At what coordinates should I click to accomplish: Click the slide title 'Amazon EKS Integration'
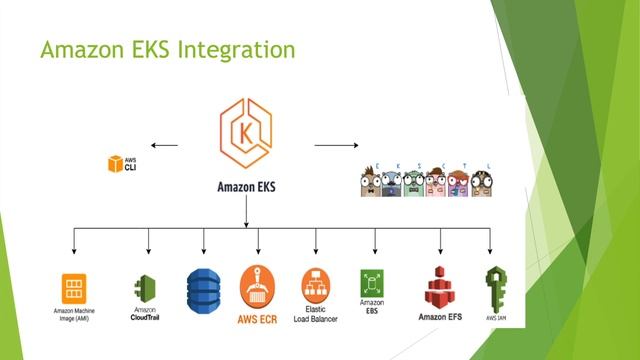(x=167, y=49)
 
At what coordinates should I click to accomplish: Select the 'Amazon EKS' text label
(x=246, y=186)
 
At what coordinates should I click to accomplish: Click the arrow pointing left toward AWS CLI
(x=165, y=145)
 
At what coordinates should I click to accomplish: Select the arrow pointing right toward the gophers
(x=336, y=145)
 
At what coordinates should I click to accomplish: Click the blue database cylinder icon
(x=203, y=286)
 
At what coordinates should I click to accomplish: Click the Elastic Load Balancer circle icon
(x=315, y=283)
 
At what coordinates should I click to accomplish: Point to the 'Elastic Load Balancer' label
(x=317, y=315)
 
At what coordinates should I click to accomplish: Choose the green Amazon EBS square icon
(x=373, y=281)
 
